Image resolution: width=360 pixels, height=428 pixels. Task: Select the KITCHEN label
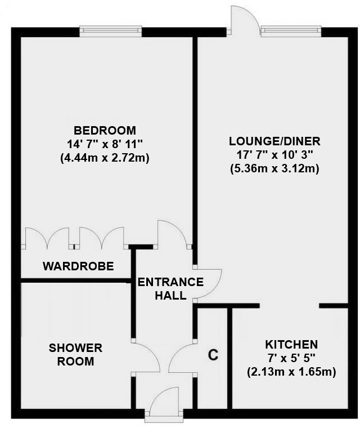tap(291, 344)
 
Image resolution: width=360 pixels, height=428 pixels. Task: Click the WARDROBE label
tap(79, 266)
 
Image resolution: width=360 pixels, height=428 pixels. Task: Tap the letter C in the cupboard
tap(213, 355)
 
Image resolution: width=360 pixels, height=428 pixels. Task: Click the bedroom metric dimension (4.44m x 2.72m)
tap(104, 158)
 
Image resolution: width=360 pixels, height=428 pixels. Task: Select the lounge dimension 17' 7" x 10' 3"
tap(274, 155)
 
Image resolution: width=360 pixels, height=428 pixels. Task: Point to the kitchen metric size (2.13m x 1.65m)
tap(291, 372)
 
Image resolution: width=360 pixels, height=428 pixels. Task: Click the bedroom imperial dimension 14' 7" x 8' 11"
tap(104, 144)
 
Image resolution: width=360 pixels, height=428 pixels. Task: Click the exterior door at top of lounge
tap(243, 21)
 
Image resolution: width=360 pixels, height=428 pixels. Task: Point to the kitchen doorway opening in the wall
tap(289, 306)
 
